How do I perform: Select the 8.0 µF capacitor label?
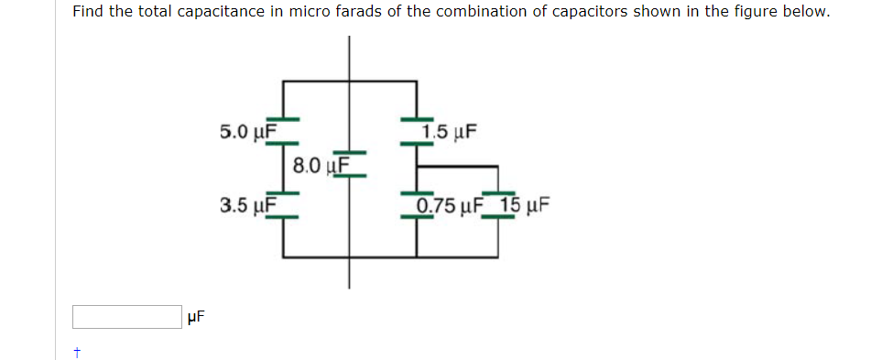pos(318,166)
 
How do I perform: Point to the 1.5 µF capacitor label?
pos(450,132)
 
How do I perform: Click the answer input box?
pos(126,317)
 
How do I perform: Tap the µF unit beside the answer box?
pos(195,318)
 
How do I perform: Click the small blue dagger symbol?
pos(79,351)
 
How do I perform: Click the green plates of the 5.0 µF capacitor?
pos(283,124)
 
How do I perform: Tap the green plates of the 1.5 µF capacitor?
pos(418,124)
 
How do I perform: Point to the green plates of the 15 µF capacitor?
pos(497,199)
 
